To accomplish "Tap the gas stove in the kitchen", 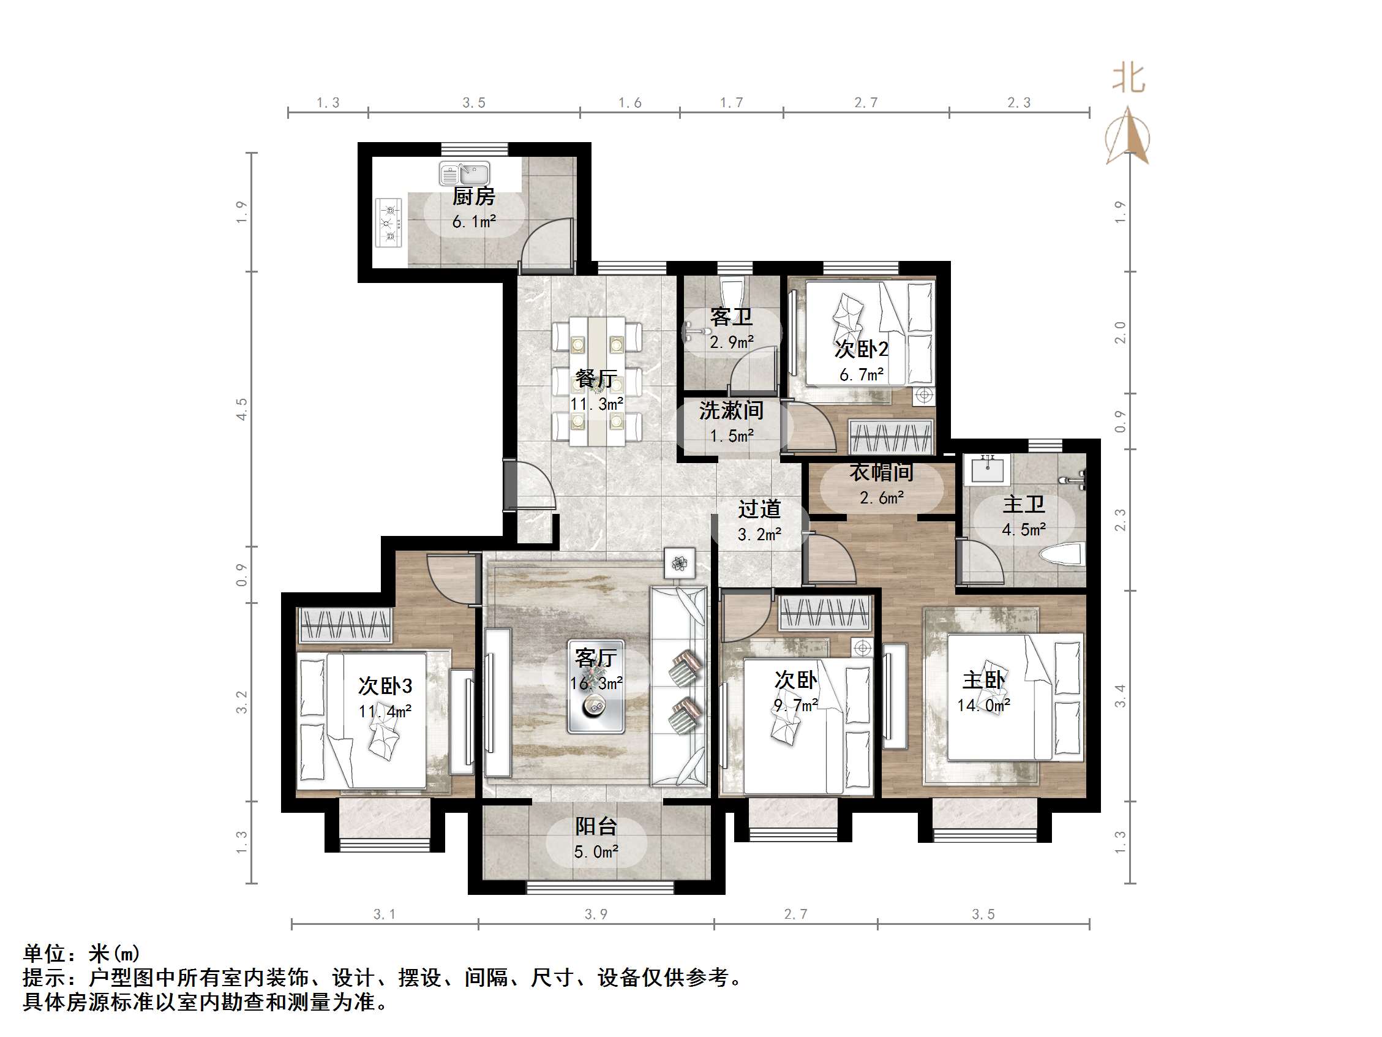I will pyautogui.click(x=389, y=223).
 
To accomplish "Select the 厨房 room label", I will pyautogui.click(x=473, y=196).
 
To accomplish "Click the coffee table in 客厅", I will pyautogui.click(x=595, y=687).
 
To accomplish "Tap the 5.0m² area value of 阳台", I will pyautogui.click(x=596, y=851).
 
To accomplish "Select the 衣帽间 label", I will pyautogui.click(x=881, y=472).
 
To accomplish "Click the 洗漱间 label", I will pyautogui.click(x=731, y=410).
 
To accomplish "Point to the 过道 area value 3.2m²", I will pyautogui.click(x=759, y=535).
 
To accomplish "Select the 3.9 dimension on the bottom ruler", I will pyautogui.click(x=596, y=914).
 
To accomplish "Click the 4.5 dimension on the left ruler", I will pyautogui.click(x=242, y=409).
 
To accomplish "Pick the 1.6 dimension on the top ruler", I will pyautogui.click(x=630, y=103).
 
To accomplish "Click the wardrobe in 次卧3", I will pyautogui.click(x=345, y=624).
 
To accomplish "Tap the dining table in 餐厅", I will pyautogui.click(x=596, y=382).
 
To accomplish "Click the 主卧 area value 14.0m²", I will pyautogui.click(x=983, y=706).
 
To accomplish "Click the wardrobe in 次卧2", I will pyautogui.click(x=891, y=436).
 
